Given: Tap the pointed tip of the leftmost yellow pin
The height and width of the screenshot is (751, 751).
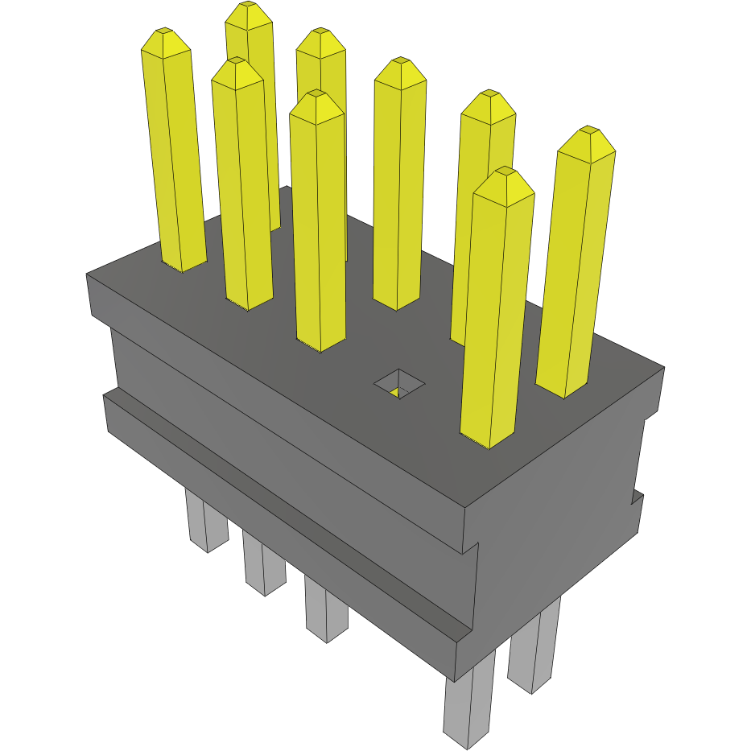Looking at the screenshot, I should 164,32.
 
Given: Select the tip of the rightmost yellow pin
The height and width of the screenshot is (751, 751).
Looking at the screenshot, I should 589,130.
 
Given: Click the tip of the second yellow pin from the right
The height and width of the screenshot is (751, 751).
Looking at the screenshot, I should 504,172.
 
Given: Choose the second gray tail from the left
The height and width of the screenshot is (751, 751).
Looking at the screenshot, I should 263,567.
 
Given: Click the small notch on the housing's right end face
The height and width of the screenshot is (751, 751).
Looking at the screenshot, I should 637,500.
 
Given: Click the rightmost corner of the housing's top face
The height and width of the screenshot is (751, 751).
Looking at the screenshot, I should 663,369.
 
